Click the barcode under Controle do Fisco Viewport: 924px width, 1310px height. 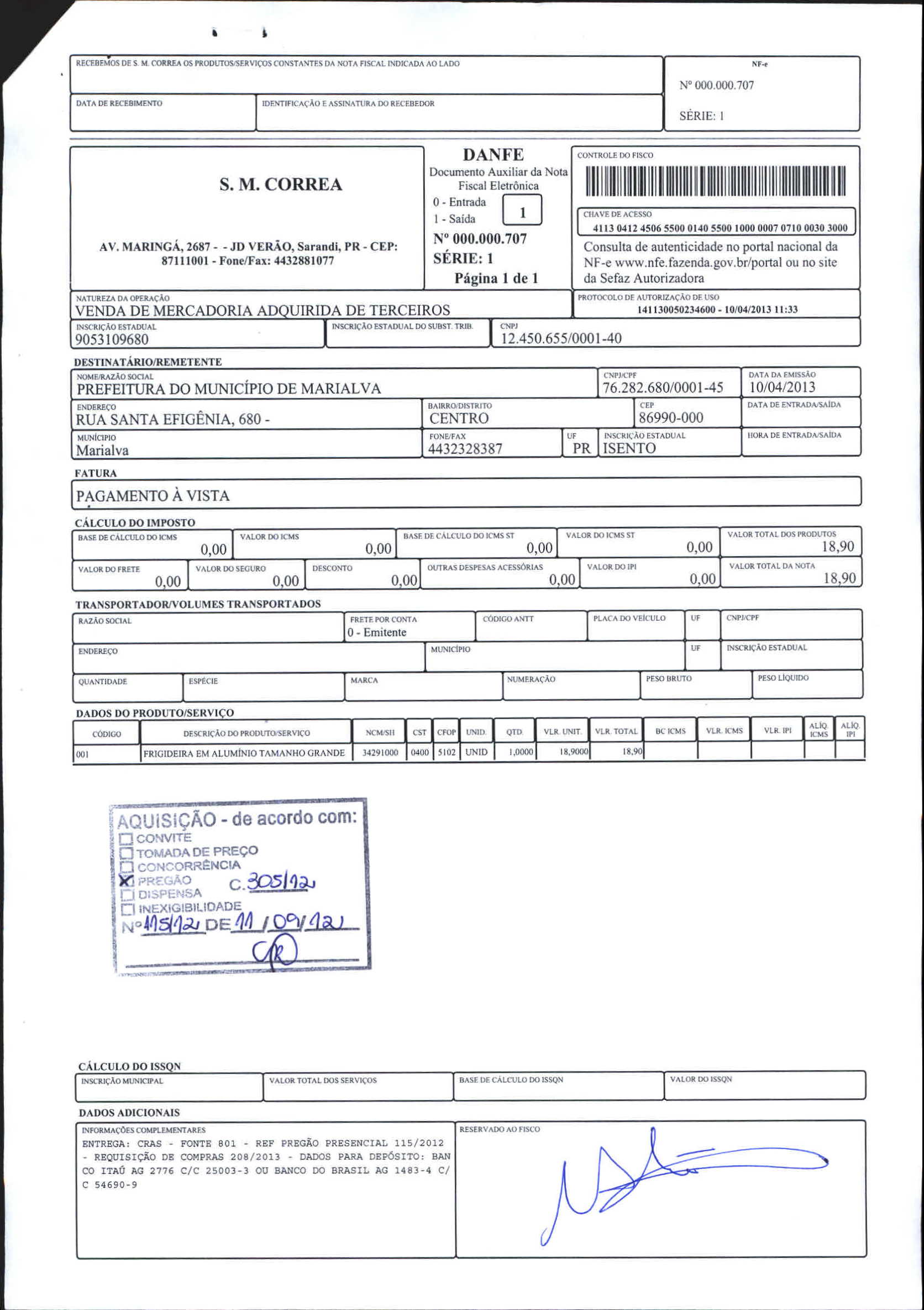716,180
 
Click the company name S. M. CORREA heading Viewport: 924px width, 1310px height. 281,184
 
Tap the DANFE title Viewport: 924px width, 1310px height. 493,155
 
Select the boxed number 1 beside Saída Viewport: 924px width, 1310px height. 522,211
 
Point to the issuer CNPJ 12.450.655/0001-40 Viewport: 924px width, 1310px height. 561,338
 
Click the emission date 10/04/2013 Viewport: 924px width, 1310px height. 782,387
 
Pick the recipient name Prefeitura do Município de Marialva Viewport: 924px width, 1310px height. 229,389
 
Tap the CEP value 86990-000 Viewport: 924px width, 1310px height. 671,418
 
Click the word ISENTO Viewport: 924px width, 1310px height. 629,448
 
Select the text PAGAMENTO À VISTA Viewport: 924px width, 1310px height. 153,496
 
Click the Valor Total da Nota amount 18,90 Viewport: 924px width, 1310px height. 839,578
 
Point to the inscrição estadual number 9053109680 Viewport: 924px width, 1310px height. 112,339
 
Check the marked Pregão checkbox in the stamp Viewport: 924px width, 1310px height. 126,881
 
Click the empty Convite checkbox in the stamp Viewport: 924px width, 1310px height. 126,839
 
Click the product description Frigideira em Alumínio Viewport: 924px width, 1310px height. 244,753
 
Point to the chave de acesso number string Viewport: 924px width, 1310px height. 720,228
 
